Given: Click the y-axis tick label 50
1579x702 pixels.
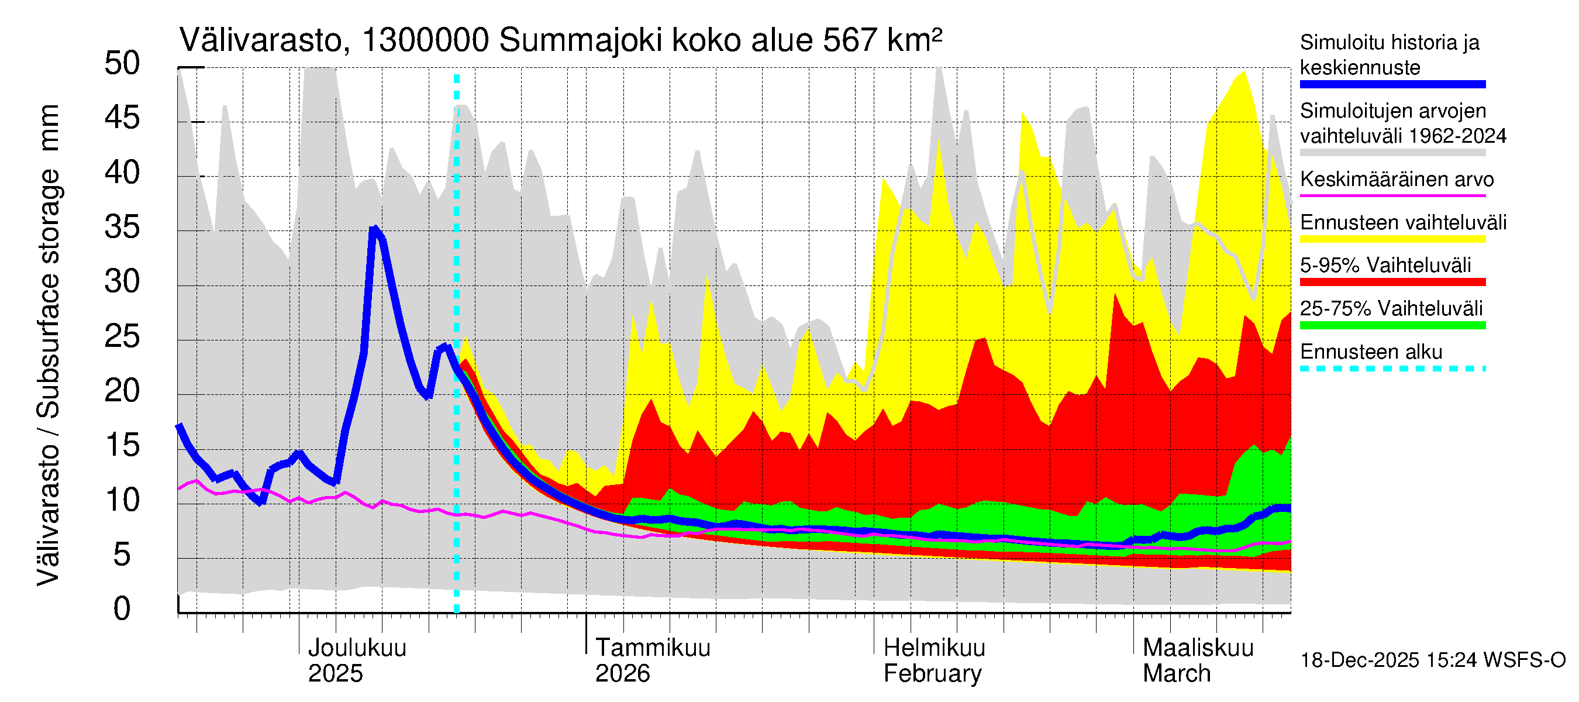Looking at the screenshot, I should (x=122, y=64).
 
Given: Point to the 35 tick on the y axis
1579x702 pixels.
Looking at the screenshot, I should (x=122, y=228).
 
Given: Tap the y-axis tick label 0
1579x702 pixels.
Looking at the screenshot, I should (x=122, y=609).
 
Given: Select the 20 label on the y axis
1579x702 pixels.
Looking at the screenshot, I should (x=122, y=391).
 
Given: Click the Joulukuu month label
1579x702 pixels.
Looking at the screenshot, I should (x=357, y=648).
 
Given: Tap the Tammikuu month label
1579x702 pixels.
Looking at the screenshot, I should (x=653, y=648).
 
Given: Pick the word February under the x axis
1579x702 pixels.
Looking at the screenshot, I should (x=932, y=674).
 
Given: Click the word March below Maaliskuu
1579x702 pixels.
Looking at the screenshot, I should (x=1176, y=674).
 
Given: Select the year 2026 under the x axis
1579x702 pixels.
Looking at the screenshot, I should (x=622, y=674).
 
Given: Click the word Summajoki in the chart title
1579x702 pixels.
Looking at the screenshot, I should (x=581, y=41).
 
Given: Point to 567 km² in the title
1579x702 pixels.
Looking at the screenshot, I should (x=882, y=41).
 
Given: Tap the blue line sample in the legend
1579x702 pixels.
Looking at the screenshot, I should (x=1392, y=85).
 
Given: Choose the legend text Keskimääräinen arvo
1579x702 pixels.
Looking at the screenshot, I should (x=1397, y=180).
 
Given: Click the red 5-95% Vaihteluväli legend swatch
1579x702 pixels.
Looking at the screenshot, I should (x=1392, y=282).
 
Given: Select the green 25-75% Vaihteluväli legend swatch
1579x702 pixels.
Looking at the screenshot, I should (x=1392, y=326).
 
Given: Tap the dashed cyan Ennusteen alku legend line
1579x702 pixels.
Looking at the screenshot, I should (x=1392, y=369).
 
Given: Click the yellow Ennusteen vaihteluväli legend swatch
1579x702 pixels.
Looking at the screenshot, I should (x=1392, y=239).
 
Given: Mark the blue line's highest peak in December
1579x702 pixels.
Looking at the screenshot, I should (x=374, y=229).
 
